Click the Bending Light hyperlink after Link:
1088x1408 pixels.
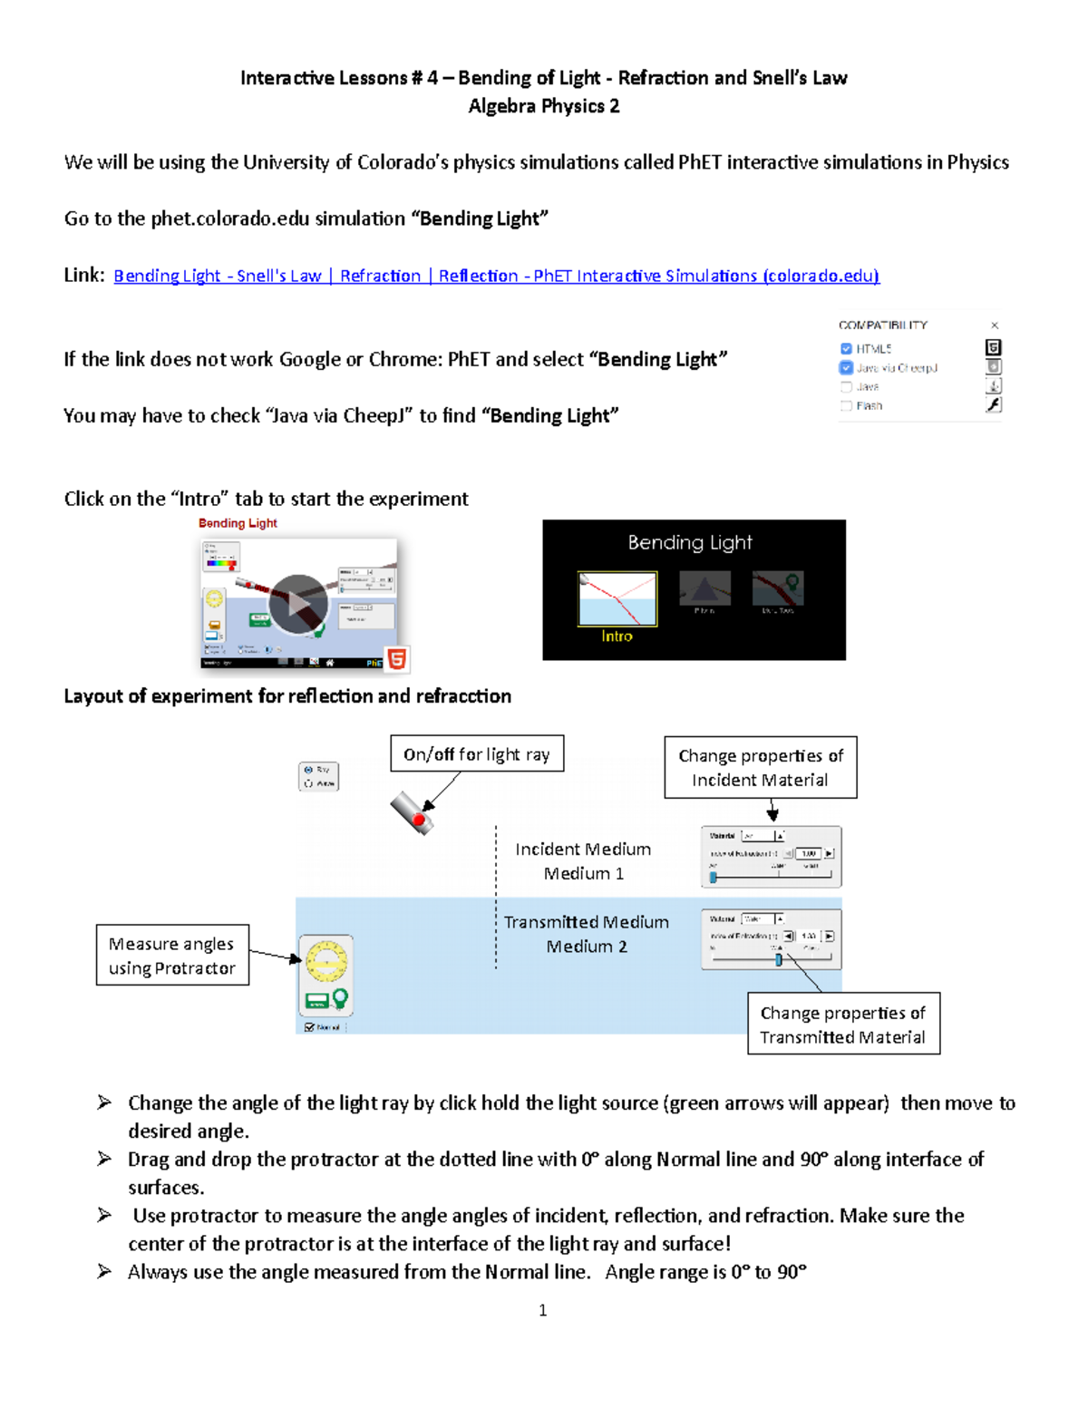pos(496,276)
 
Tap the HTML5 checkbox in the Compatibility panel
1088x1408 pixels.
pos(846,348)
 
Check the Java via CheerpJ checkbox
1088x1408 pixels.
pos(846,367)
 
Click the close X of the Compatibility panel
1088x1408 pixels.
pos(995,325)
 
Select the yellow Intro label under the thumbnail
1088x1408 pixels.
pos(617,636)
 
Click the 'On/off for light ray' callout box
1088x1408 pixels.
pos(477,753)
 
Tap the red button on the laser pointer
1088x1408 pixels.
pos(419,820)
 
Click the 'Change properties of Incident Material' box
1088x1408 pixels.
pos(760,767)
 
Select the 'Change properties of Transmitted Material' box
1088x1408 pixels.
pos(843,1024)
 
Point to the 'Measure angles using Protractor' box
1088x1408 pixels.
pos(172,955)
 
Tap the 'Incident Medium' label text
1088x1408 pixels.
pos(583,850)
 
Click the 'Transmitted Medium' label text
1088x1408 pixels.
pos(587,922)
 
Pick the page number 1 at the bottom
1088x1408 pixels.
pos(543,1310)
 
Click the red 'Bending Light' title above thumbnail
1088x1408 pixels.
pos(238,523)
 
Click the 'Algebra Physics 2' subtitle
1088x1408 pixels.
pos(544,106)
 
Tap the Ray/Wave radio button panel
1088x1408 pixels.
pos(319,776)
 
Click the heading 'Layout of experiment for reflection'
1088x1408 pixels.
pos(287,696)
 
